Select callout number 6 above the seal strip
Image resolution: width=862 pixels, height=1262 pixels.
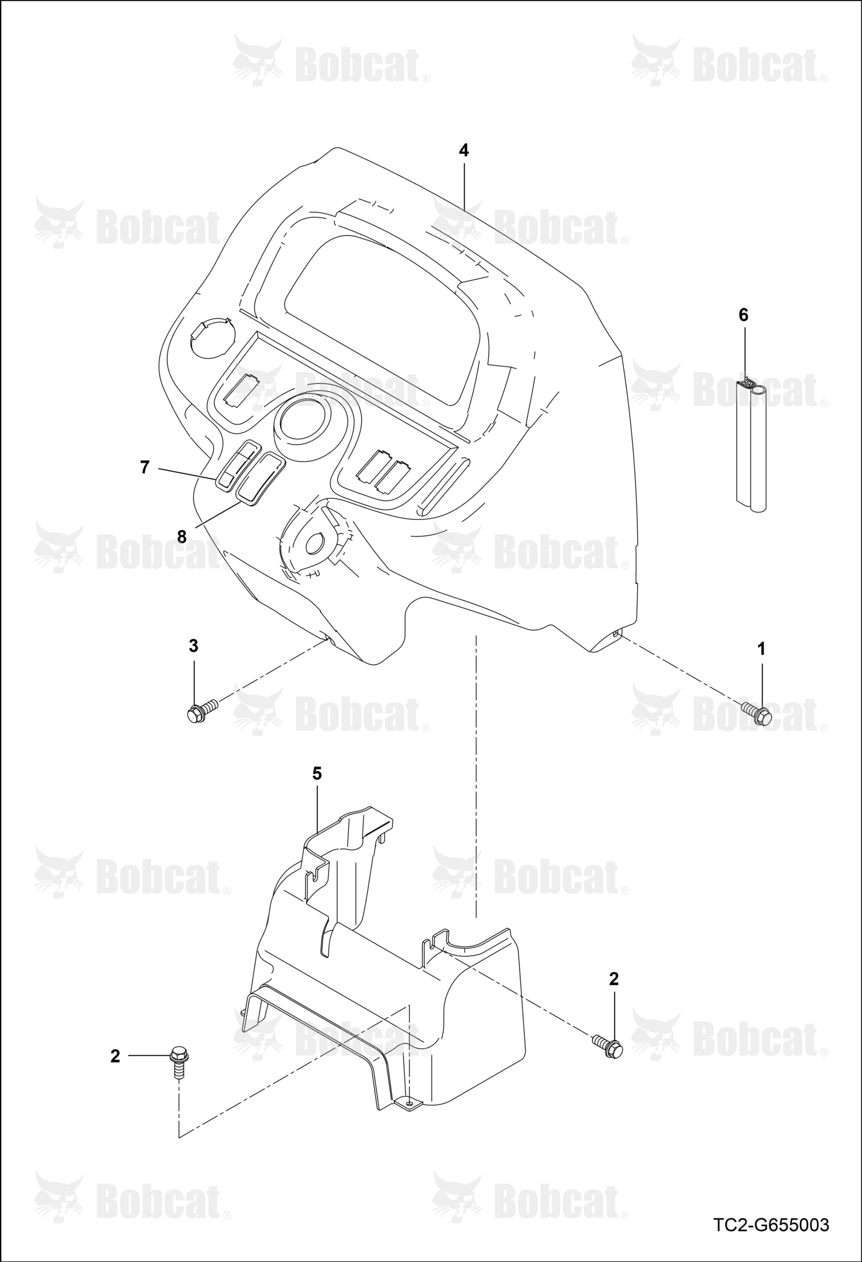(x=743, y=315)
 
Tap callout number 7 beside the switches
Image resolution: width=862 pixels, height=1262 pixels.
(x=145, y=467)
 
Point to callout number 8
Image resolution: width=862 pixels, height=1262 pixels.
(x=182, y=536)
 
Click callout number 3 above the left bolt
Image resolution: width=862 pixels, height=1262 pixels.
(x=193, y=646)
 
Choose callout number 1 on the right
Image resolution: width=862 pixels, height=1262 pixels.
(x=761, y=649)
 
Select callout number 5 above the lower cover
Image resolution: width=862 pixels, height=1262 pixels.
(x=317, y=774)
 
